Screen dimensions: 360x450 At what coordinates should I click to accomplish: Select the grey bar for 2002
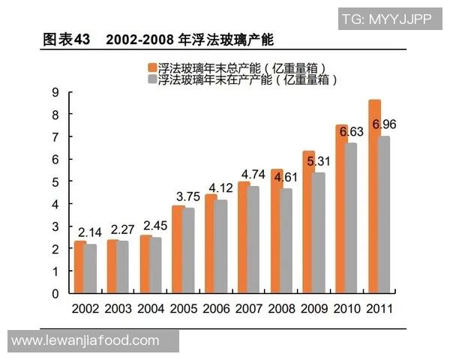(91, 269)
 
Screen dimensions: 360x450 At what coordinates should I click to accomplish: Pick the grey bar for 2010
(351, 218)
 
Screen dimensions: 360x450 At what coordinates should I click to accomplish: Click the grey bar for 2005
(189, 250)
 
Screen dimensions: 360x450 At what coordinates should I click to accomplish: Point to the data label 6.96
(384, 123)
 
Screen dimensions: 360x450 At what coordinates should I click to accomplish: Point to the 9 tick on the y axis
(55, 92)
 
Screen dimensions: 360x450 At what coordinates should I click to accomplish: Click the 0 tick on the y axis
(55, 294)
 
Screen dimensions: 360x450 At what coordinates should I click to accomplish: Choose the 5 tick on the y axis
(55, 182)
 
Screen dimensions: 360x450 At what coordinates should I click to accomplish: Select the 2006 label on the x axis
(216, 308)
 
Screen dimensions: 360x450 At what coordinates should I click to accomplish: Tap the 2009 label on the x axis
(314, 308)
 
